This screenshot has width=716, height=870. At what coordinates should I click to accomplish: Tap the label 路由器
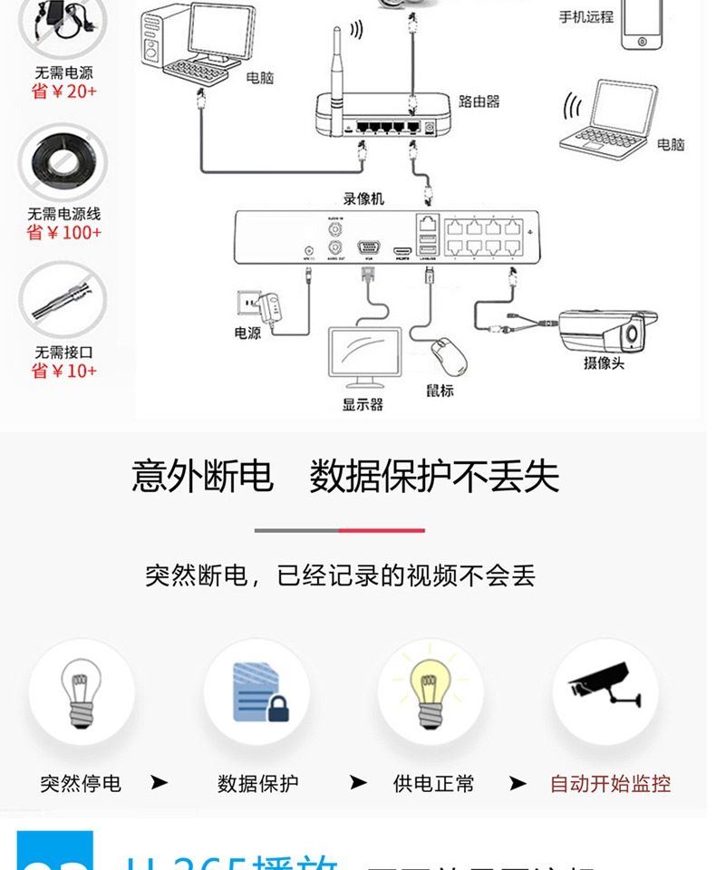(x=479, y=101)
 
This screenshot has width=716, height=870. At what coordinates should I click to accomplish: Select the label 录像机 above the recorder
(x=363, y=198)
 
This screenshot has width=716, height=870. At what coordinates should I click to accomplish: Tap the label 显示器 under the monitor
(x=363, y=404)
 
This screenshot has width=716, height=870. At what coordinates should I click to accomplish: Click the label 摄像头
(x=604, y=363)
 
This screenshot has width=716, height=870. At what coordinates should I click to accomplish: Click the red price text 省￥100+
(x=63, y=233)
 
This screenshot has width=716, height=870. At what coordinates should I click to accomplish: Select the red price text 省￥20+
(x=63, y=92)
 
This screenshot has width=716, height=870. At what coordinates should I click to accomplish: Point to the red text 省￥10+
(x=63, y=371)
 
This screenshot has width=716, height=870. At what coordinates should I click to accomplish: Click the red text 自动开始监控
(x=610, y=784)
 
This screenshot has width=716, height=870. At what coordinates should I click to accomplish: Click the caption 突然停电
(x=81, y=784)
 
